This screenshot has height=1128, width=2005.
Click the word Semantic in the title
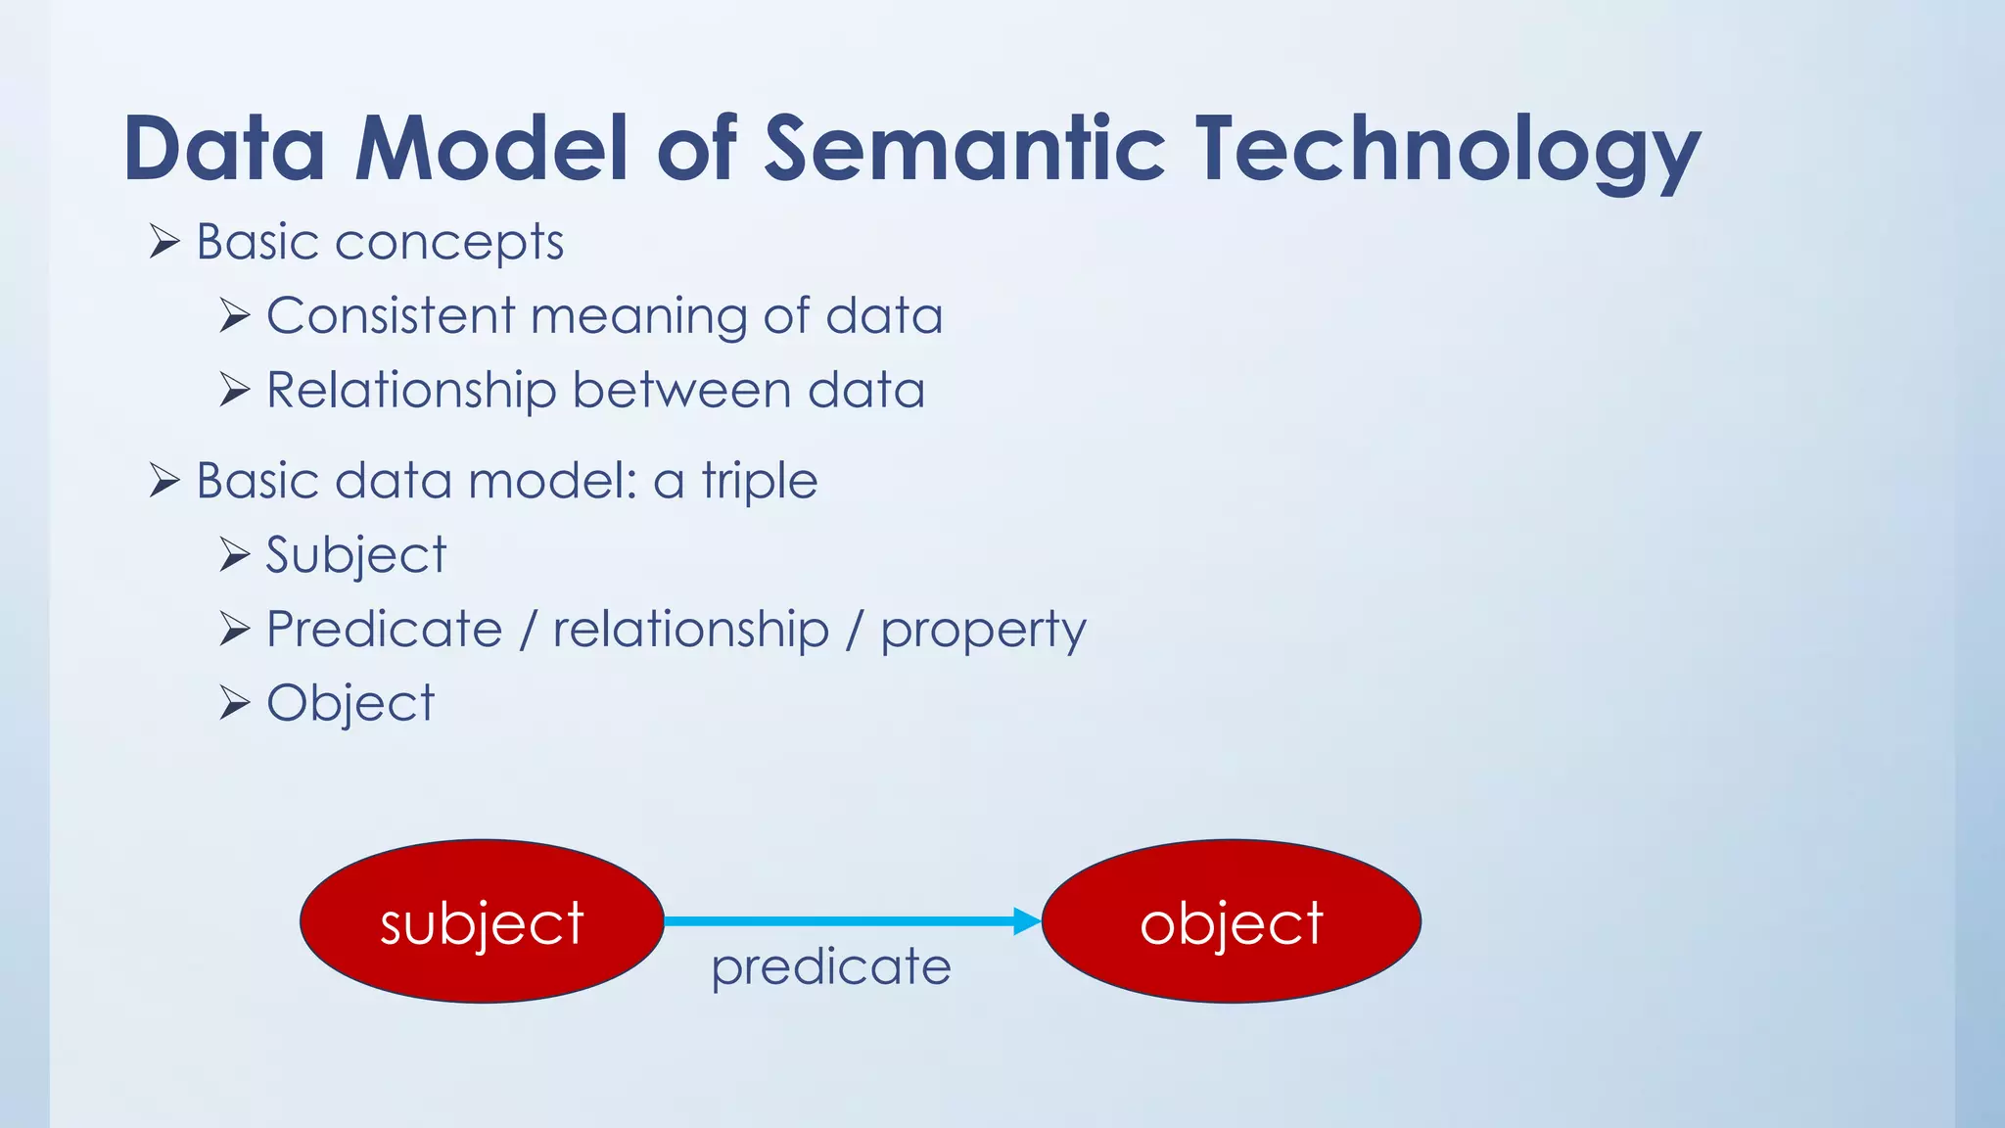[963, 149]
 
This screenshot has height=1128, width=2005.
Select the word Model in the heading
[490, 149]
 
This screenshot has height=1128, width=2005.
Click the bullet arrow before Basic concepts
[164, 241]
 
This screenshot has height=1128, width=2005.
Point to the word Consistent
[391, 316]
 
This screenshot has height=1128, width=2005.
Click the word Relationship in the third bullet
[411, 391]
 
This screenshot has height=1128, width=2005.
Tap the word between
[681, 391]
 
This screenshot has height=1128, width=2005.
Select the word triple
[759, 481]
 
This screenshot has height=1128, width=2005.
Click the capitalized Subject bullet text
[356, 555]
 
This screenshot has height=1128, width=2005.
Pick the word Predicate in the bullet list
[384, 629]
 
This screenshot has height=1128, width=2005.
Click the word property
[983, 631]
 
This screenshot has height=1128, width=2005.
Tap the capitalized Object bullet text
[350, 703]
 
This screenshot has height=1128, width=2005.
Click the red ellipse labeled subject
[482, 921]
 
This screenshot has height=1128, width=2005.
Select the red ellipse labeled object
[1231, 921]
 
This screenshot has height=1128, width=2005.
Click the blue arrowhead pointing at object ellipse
[1026, 921]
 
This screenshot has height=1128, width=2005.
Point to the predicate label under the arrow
[831, 967]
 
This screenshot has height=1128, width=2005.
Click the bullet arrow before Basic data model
[164, 481]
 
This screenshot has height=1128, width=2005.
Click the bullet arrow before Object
[235, 703]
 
